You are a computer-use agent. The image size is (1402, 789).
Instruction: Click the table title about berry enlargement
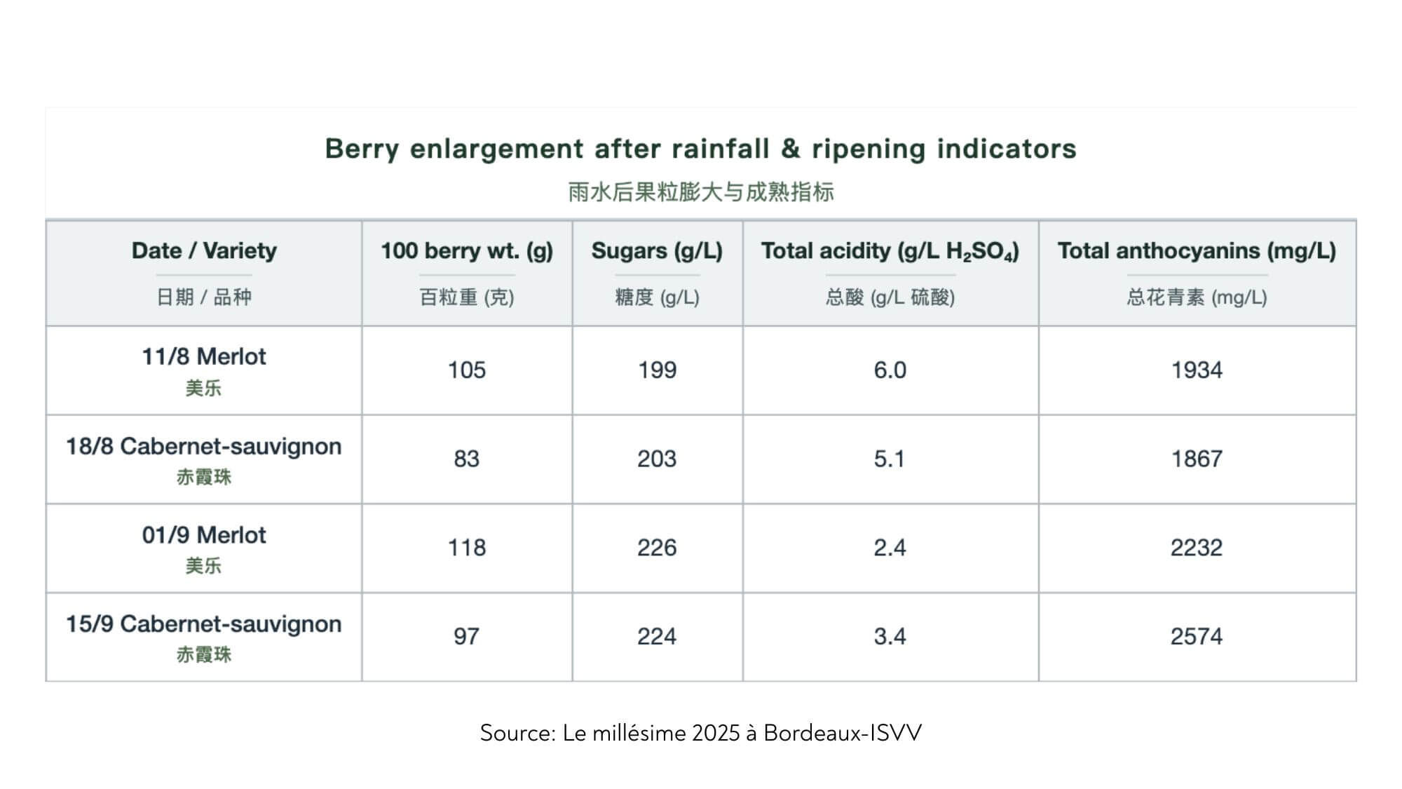pos(700,149)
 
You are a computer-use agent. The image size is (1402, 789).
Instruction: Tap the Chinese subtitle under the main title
pos(700,191)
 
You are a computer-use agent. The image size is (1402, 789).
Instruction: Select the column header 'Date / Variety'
pos(204,250)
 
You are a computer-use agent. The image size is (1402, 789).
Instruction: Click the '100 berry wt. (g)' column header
pos(467,250)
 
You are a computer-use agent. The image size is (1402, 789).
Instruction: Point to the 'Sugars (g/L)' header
pos(657,250)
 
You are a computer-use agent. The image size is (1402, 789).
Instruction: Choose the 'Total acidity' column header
pos(890,250)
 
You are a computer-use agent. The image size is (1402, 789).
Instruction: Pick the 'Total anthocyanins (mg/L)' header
pos(1197,250)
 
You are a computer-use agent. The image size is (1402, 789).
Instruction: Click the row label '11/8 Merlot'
pos(204,356)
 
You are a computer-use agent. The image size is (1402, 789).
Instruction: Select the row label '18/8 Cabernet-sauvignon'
pos(204,447)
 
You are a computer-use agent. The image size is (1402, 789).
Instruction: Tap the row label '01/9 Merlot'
pos(204,535)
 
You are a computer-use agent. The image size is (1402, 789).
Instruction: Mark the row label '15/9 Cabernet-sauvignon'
pos(204,624)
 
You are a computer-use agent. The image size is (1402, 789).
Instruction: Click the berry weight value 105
pos(467,370)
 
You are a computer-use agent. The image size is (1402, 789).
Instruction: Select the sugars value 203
pos(657,459)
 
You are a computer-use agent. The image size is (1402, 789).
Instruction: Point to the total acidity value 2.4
pos(890,547)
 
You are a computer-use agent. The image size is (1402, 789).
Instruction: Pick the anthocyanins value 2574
pos(1197,636)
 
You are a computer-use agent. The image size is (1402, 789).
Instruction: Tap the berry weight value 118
pos(467,547)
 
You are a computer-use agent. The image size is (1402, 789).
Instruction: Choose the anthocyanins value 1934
pos(1197,370)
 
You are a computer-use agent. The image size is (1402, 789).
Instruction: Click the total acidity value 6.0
pos(890,370)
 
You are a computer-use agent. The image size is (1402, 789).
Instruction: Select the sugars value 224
pos(657,636)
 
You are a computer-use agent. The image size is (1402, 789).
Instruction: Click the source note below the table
pos(700,733)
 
